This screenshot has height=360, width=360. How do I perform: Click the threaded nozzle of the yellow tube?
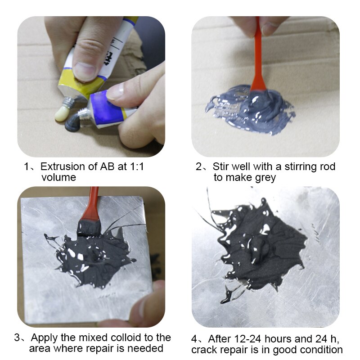pyautogui.click(x=68, y=102)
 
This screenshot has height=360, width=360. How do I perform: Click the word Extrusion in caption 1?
pyautogui.click(x=63, y=166)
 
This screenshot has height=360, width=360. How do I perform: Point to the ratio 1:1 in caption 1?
pyautogui.click(x=137, y=166)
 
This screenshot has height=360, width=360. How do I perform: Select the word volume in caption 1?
pyautogui.click(x=59, y=177)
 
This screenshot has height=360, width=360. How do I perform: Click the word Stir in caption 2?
pyautogui.click(x=221, y=166)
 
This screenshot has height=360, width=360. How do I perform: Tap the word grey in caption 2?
pyautogui.click(x=265, y=178)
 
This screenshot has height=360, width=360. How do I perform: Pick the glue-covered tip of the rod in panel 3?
pyautogui.click(x=89, y=228)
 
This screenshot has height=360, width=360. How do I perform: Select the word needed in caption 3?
pyautogui.click(x=145, y=348)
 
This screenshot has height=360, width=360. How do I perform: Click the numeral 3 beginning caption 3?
pyautogui.click(x=17, y=337)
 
